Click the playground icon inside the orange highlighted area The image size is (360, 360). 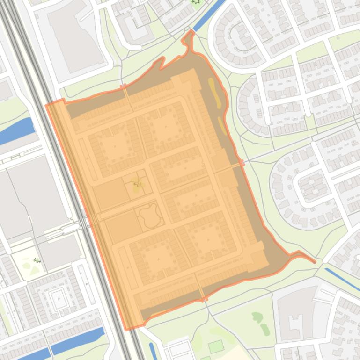(x=137, y=183)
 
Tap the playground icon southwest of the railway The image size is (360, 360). (x=37, y=260)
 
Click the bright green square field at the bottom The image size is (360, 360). (x=216, y=346)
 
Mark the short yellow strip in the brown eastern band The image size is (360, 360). (x=222, y=125)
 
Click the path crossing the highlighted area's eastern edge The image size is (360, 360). (x=241, y=164)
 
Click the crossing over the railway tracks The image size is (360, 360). (x=83, y=223)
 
